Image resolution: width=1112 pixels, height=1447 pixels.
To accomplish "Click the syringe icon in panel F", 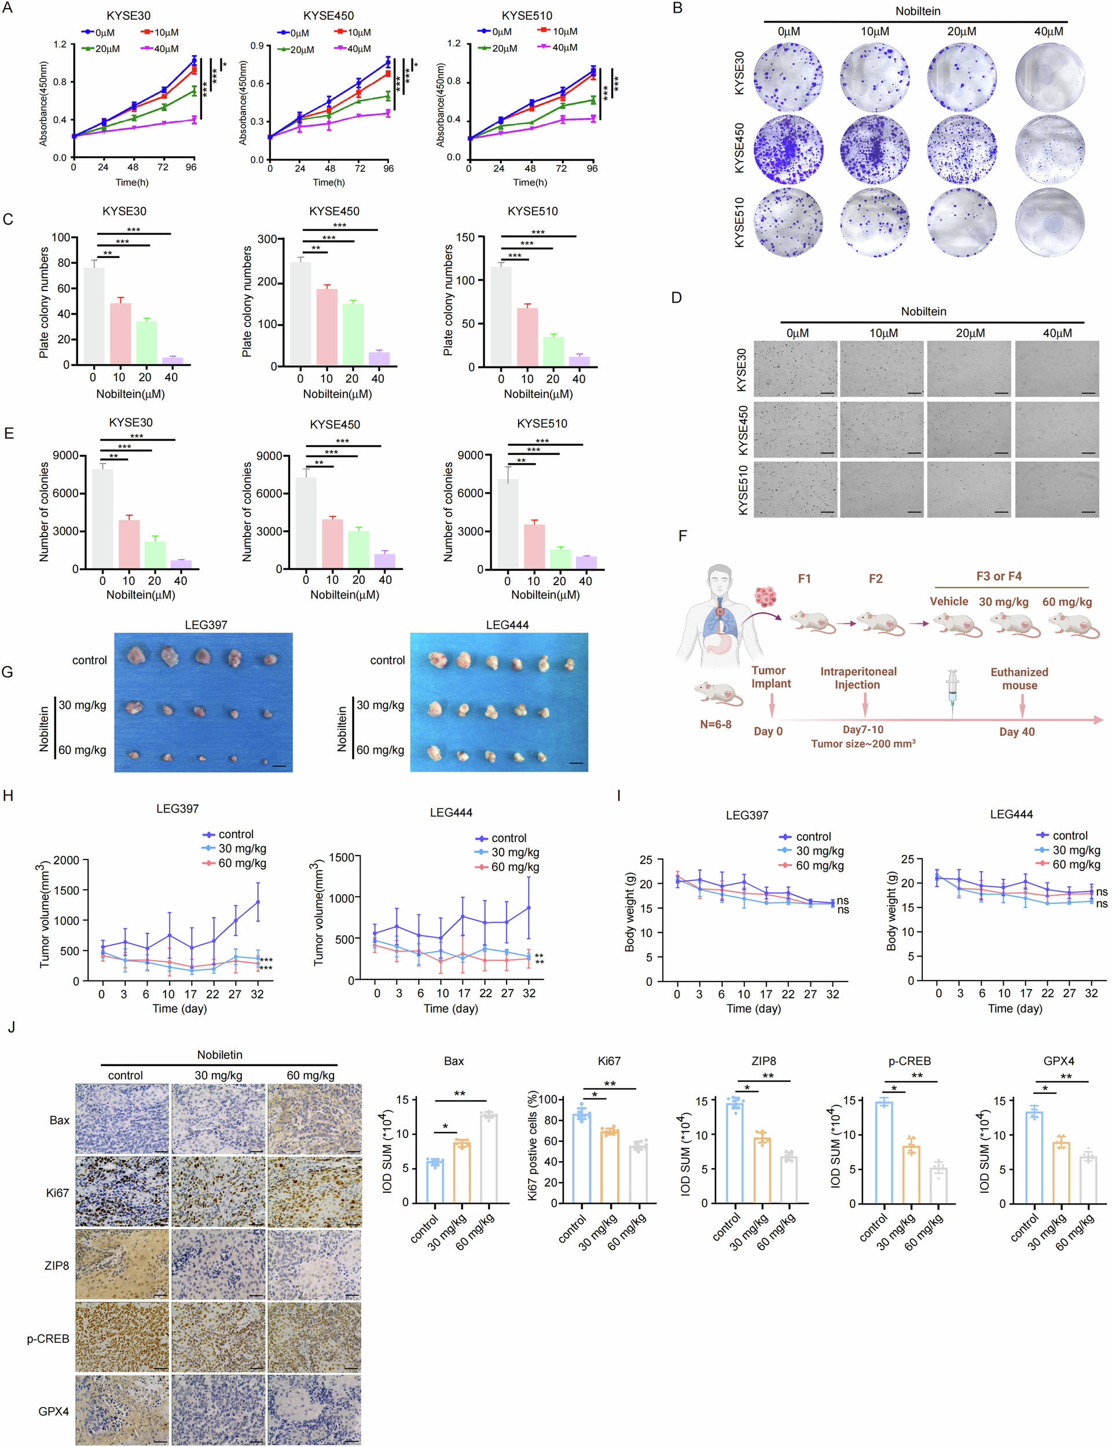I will pos(952,692).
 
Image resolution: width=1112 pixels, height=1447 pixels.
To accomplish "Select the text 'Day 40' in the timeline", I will pos(1016,732).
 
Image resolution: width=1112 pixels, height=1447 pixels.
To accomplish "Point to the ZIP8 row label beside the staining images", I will pos(56,1265).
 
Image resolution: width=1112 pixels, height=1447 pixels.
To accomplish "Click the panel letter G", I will pos(8,672).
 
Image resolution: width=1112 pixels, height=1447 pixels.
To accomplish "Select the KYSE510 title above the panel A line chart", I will pos(527,15).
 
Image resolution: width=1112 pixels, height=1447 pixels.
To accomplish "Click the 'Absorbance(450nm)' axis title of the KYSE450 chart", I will pos(243,102).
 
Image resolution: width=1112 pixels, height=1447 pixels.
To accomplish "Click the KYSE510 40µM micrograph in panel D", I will pos(1056,489).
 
